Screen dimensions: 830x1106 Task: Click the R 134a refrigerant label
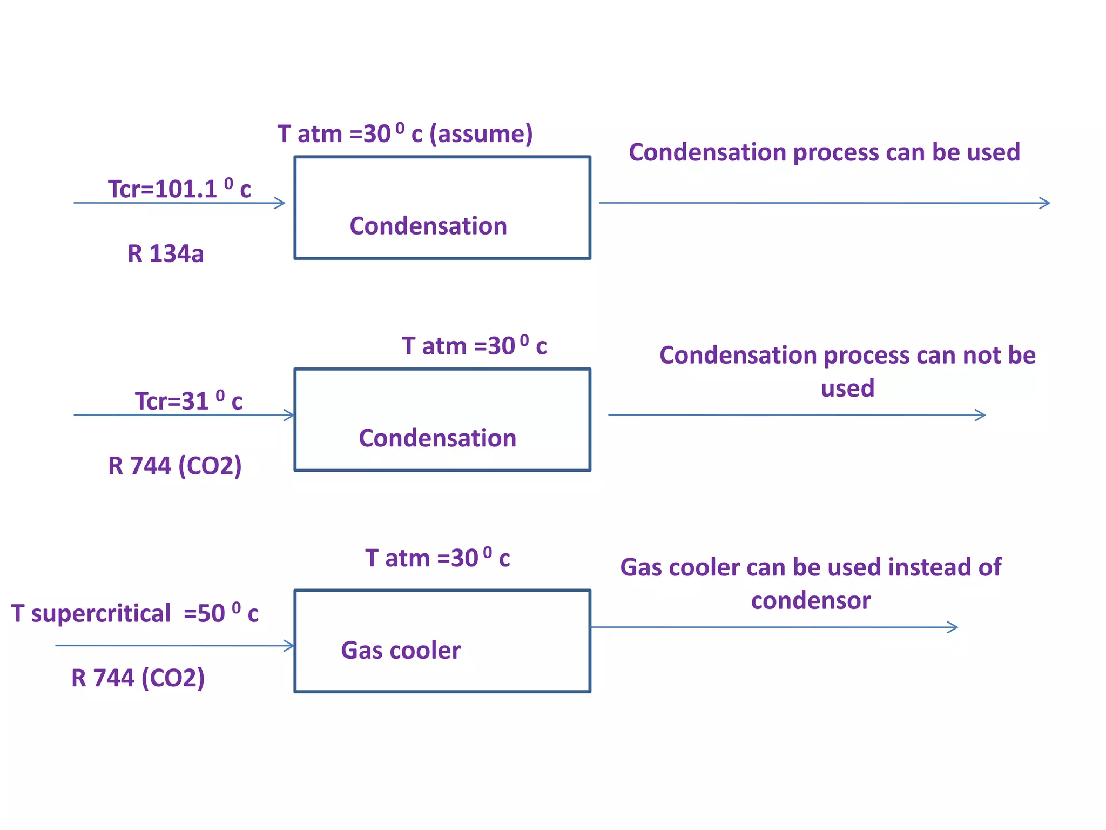tap(165, 254)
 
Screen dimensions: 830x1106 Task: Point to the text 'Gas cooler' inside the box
tap(401, 650)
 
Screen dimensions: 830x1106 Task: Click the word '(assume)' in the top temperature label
tap(481, 134)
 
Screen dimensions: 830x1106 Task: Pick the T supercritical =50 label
tap(135, 614)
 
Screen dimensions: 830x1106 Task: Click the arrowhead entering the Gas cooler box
tap(290, 646)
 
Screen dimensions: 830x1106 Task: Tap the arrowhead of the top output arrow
tap(1046, 203)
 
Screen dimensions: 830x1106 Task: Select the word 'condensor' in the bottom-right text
tap(811, 601)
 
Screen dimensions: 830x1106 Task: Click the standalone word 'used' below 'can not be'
tap(847, 389)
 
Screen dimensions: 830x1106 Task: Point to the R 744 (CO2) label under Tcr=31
tap(174, 466)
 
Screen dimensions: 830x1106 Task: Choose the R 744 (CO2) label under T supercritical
tap(138, 678)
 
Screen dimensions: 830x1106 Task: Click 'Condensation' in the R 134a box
tap(428, 226)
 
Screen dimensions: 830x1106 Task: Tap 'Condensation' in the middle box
tap(437, 438)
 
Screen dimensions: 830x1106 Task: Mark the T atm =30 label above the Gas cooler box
tap(437, 558)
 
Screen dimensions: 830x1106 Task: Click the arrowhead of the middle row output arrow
tap(981, 415)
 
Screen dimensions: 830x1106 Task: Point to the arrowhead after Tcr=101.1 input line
tap(280, 203)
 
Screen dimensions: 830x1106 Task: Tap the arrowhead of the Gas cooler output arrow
tap(953, 627)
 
